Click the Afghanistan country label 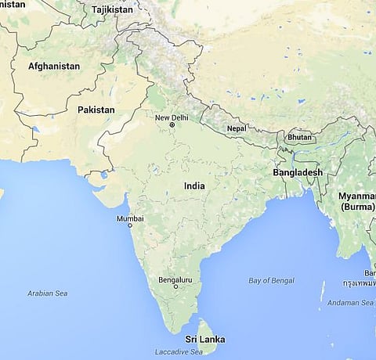pyautogui.click(x=53, y=67)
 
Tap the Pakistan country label pyautogui.click(x=96, y=110)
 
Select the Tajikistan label pyautogui.click(x=113, y=10)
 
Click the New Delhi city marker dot pyautogui.click(x=172, y=125)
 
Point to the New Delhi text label pyautogui.click(x=172, y=118)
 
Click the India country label pyautogui.click(x=195, y=186)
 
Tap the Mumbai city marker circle pyautogui.click(x=130, y=225)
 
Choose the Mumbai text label pyautogui.click(x=130, y=218)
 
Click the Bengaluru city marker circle pyautogui.click(x=175, y=287)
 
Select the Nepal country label pyautogui.click(x=235, y=128)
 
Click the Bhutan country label pyautogui.click(x=299, y=137)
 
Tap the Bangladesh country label pyautogui.click(x=298, y=172)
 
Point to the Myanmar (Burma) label pyautogui.click(x=356, y=201)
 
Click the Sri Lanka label pyautogui.click(x=204, y=340)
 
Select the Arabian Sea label pyautogui.click(x=48, y=293)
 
